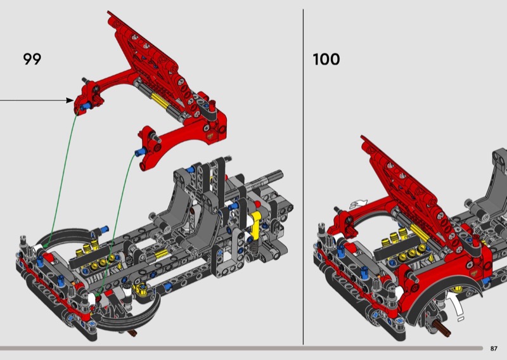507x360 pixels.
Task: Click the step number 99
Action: [x=32, y=59]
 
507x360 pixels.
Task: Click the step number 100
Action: [x=326, y=60]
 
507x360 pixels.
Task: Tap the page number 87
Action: [x=494, y=348]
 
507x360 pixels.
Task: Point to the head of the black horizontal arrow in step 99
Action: [x=71, y=100]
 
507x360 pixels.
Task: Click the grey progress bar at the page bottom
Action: [x=241, y=348]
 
